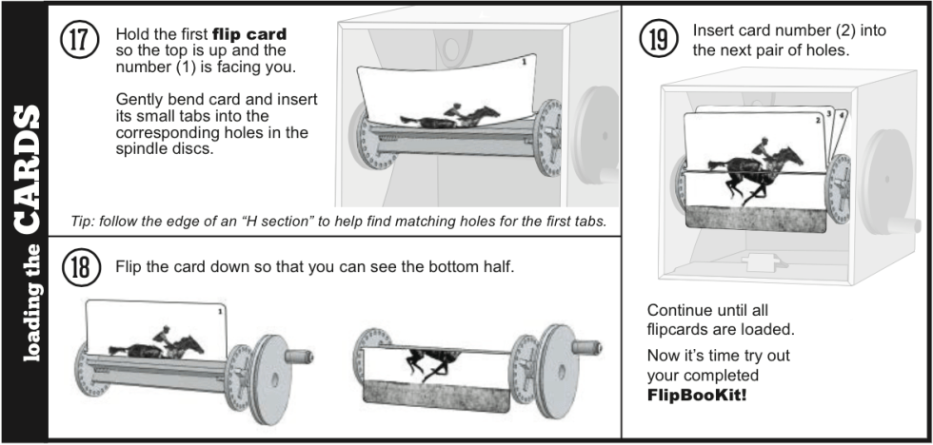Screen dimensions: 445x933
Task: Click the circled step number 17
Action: click(79, 43)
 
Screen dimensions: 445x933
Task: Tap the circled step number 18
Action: click(79, 266)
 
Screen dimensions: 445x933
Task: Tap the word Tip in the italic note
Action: click(82, 222)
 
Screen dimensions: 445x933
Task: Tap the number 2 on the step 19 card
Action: click(816, 121)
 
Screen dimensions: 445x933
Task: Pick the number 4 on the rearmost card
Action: click(843, 116)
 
